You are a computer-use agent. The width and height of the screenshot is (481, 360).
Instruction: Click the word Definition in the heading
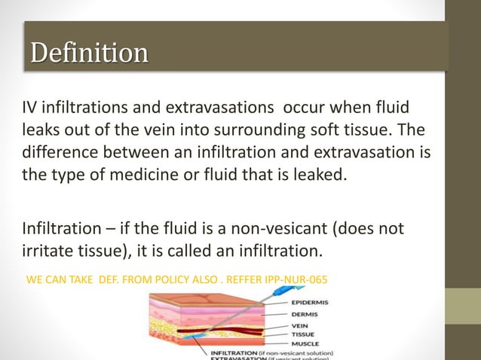click(x=88, y=53)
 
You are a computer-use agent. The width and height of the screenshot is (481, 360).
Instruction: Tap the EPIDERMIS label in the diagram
click(x=299, y=304)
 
